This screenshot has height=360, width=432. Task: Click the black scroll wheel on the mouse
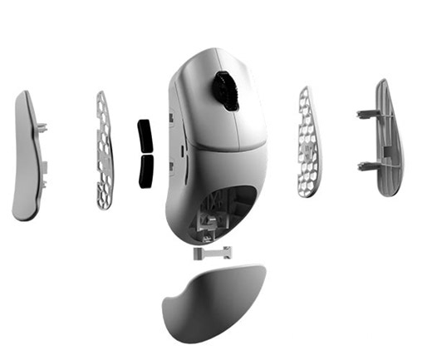[x=224, y=90]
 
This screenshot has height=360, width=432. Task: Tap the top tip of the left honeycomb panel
[x=102, y=92]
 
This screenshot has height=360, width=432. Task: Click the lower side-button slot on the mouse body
[x=180, y=166]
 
